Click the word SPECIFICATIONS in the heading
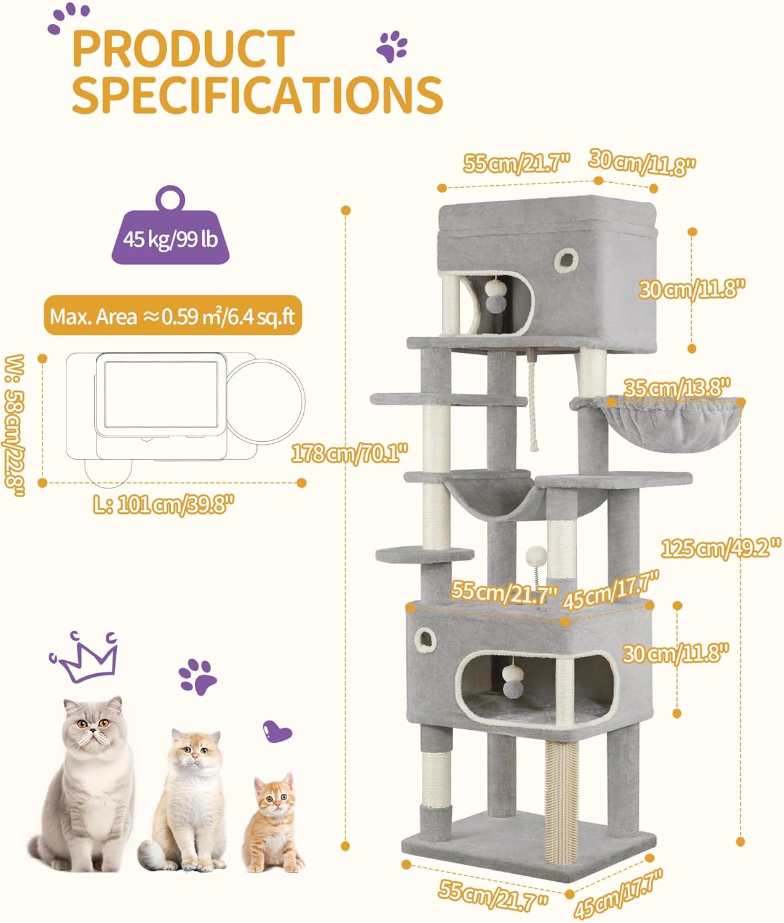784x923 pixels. pos(258,95)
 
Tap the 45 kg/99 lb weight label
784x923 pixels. pos(170,239)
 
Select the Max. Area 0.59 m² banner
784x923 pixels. pos(173,315)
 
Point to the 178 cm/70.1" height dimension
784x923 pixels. pos(350,454)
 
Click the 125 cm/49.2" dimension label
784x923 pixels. pos(721,548)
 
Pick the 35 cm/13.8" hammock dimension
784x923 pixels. pos(677,388)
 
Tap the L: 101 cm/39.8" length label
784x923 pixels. pos(164,505)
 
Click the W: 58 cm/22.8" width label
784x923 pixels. pos(14,425)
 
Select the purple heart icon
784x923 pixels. pos(277,731)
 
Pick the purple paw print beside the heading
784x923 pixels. pos(391,46)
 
